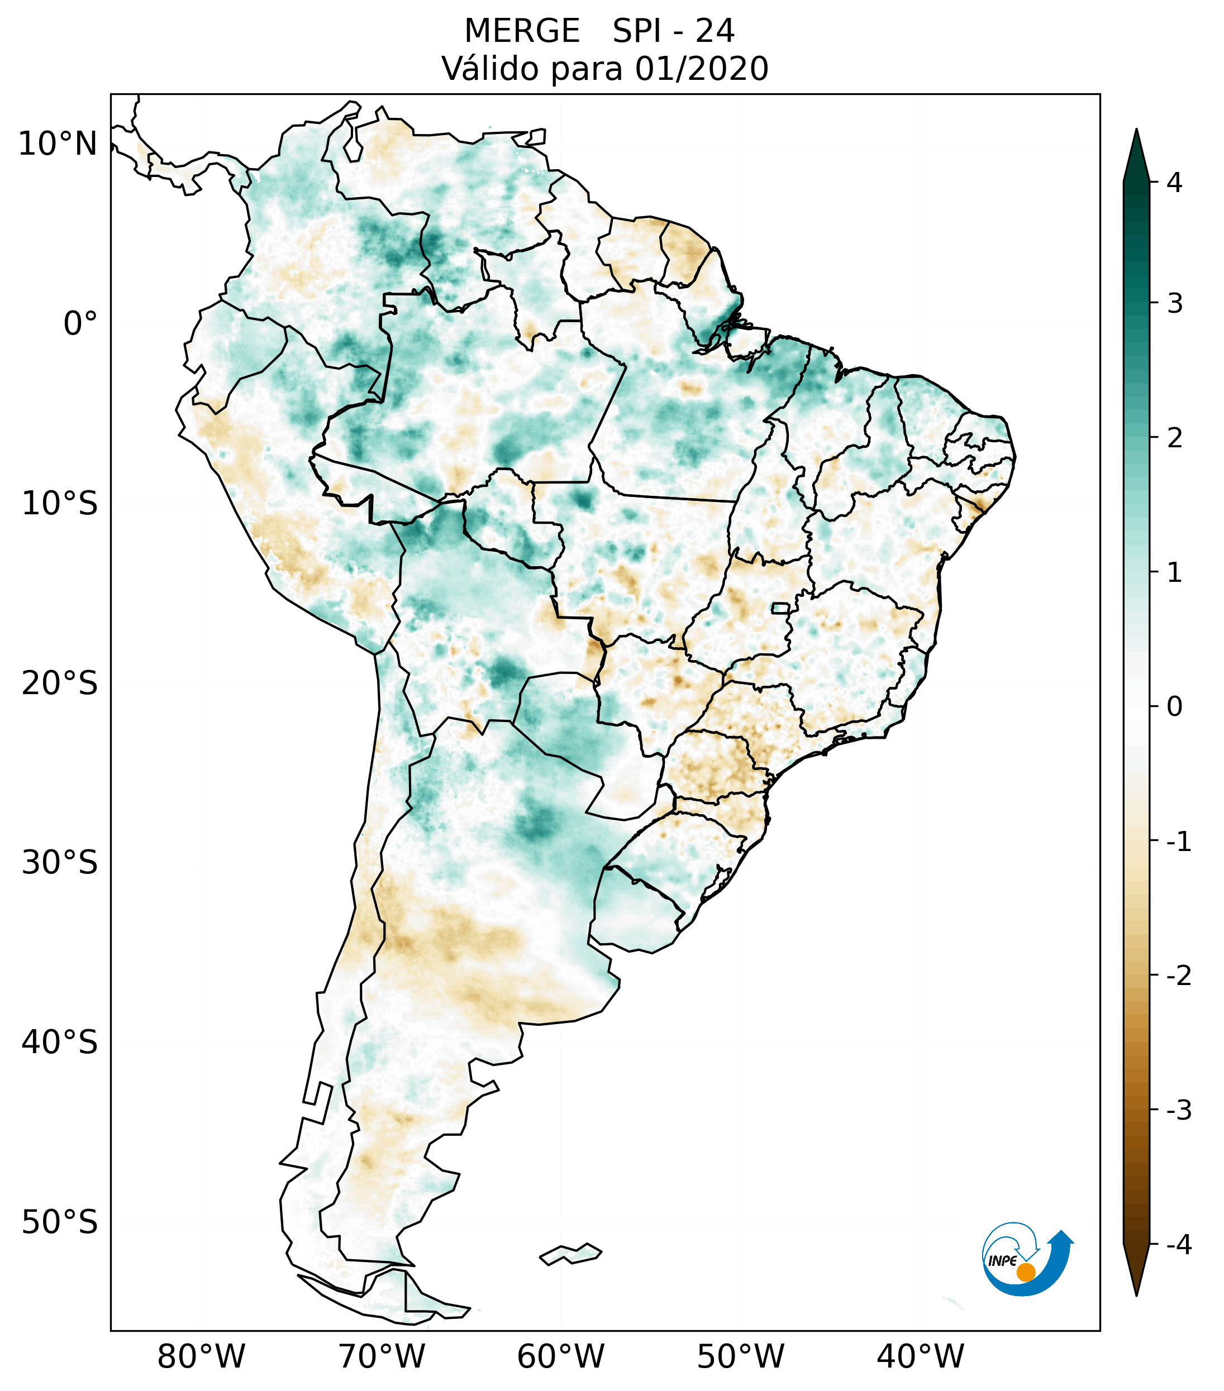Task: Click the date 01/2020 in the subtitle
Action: [701, 69]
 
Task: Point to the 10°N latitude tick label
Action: [58, 144]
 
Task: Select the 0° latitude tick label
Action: [80, 324]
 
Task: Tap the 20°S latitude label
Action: [60, 683]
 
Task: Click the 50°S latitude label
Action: [60, 1222]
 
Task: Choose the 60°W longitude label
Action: [560, 1356]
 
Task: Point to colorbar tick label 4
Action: [1174, 183]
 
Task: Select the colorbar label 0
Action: [1174, 707]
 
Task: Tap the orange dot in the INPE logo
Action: [1026, 1272]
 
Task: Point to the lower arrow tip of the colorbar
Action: [1136, 1294]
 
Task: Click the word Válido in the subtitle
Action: [483, 69]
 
